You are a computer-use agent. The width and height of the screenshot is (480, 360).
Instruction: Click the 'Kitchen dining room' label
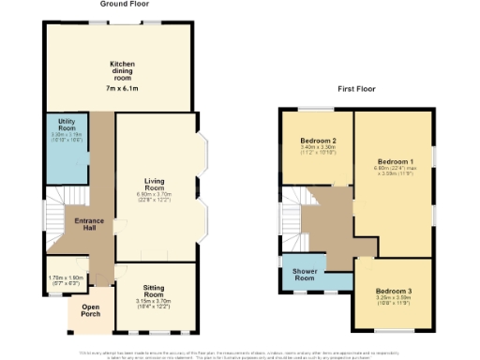tap(122, 68)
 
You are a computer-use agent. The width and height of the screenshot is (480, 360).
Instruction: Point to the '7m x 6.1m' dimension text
tap(122, 88)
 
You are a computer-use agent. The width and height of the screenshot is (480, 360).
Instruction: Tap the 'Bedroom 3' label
tap(392, 292)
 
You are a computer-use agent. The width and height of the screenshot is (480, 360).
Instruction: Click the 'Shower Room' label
tap(303, 275)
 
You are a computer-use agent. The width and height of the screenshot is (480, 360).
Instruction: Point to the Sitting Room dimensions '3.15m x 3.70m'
tap(155, 302)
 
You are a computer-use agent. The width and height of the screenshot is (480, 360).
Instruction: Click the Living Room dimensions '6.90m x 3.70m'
tap(155, 193)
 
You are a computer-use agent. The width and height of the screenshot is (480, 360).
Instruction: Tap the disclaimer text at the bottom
tap(240, 353)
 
